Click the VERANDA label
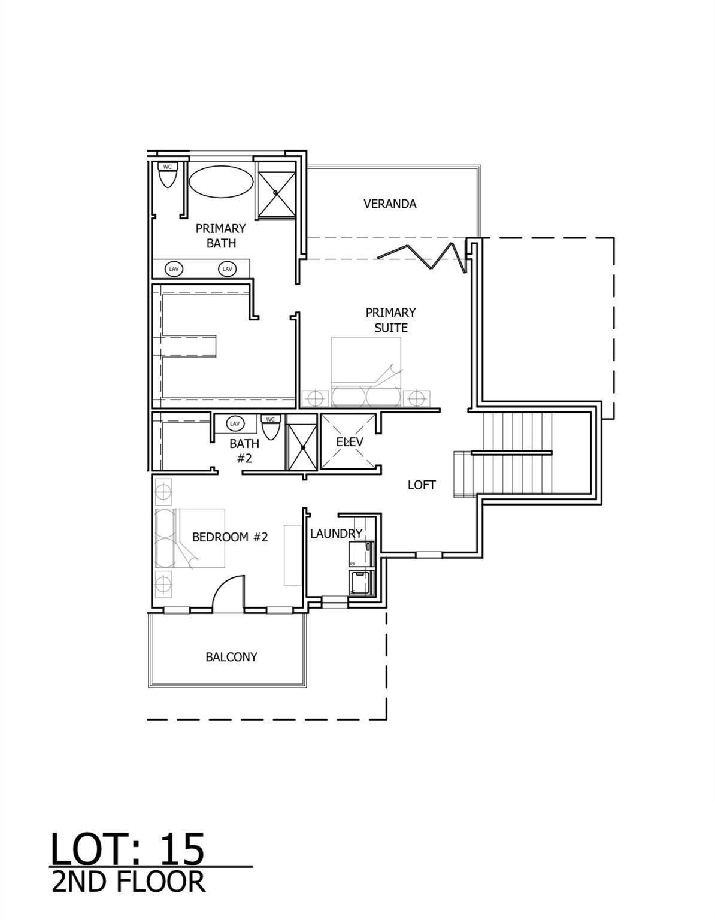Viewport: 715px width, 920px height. pos(389,204)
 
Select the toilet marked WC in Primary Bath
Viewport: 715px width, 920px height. pos(167,177)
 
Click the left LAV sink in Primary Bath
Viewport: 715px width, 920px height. pos(174,269)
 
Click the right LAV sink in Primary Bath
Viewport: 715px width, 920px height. pos(227,269)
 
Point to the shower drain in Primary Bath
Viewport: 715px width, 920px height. pos(276,192)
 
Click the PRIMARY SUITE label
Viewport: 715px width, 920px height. pos(390,320)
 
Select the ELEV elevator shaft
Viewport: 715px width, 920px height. pos(349,442)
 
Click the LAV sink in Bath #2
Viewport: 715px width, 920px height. pos(235,423)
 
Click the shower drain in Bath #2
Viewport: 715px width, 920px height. pos(303,447)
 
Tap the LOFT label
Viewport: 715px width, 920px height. pos(421,485)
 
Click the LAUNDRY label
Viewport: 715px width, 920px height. pos(336,533)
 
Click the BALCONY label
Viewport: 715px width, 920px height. pos(231,657)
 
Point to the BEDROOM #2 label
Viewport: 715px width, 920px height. pos(229,537)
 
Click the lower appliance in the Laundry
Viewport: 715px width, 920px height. pos(361,583)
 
